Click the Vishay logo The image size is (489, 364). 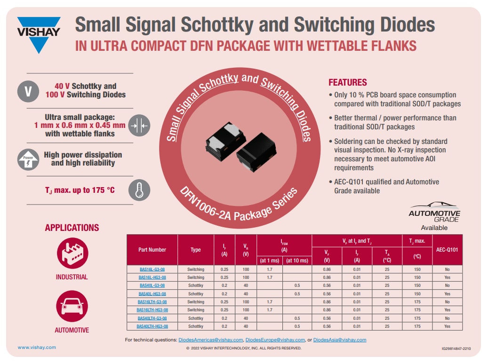pos(39,34)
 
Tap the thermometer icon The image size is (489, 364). pos(139,190)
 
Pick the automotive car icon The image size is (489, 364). pos(72,306)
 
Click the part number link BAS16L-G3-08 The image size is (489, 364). pos(152,269)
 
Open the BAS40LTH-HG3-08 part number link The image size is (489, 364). pos(152,326)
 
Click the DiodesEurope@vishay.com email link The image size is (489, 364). pos(275,340)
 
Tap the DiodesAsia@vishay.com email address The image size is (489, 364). pos(339,340)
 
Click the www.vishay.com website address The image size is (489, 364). pos(37,348)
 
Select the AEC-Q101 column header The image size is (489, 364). pos(447,250)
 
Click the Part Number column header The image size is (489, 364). pos(152,250)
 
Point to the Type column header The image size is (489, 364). pos(196,250)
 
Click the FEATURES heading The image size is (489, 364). pos(348,82)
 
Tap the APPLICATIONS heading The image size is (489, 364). pos(72,228)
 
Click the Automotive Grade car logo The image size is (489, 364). pos(434,206)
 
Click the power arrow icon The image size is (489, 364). pos(28,159)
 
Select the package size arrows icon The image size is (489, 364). pos(139,126)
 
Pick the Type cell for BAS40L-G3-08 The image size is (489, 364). pos(196,285)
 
